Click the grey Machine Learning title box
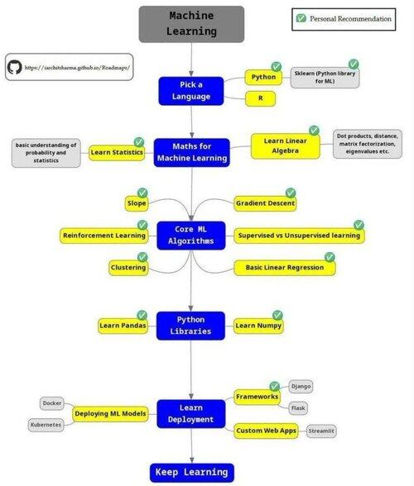[x=191, y=24]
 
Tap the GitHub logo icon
[x=14, y=67]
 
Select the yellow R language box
[x=260, y=98]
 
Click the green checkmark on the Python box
[x=276, y=66]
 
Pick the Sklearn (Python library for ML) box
[x=325, y=78]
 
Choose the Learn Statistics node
[x=117, y=152]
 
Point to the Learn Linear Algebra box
[x=285, y=146]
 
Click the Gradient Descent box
[x=265, y=203]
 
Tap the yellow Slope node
[x=137, y=203]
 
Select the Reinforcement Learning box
[x=104, y=236]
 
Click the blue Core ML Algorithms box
[x=191, y=236]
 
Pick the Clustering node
[x=128, y=268]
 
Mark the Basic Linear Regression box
[x=285, y=268]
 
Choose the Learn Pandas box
[x=123, y=326]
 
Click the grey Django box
[x=301, y=387]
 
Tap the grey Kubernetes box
[x=46, y=425]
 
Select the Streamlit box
[x=321, y=431]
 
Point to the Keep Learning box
[x=191, y=473]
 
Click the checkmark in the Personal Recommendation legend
[x=301, y=18]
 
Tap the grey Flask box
[x=298, y=408]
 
